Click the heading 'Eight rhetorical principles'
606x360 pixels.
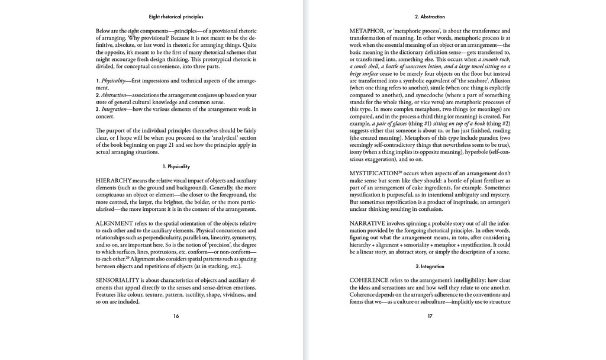[x=176, y=17]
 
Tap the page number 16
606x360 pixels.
[x=176, y=316]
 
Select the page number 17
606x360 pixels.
[x=430, y=316]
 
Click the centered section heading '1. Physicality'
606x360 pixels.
[x=176, y=166]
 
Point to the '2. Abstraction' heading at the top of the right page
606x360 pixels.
[x=430, y=17]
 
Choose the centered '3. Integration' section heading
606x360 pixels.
[x=430, y=266]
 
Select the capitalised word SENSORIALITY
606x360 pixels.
[x=118, y=279]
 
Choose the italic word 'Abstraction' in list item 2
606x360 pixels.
[x=114, y=94]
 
